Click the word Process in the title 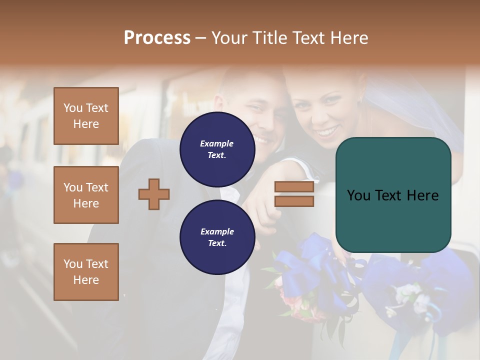coord(157,38)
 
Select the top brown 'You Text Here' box coord(86,116)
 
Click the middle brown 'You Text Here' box coord(86,195)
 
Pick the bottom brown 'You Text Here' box coord(86,272)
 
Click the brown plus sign coord(154,193)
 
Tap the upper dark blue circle coord(217,149)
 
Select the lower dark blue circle coord(217,237)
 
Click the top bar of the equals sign coord(294,187)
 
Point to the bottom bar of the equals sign coord(294,201)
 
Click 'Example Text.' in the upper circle coord(217,149)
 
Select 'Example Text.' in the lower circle coord(217,237)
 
